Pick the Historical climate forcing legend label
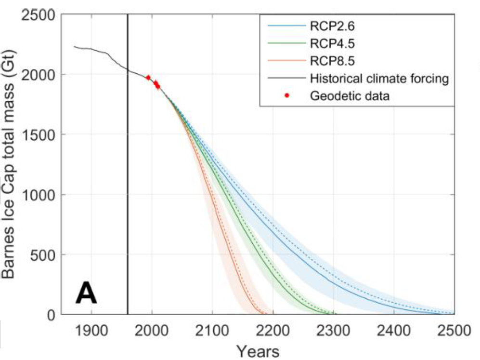(379, 78)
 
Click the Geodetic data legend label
(350, 95)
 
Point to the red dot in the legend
(286, 95)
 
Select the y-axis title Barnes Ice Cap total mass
(11, 164)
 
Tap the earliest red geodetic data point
(148, 78)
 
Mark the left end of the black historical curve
(74, 46)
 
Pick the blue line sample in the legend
(286, 26)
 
